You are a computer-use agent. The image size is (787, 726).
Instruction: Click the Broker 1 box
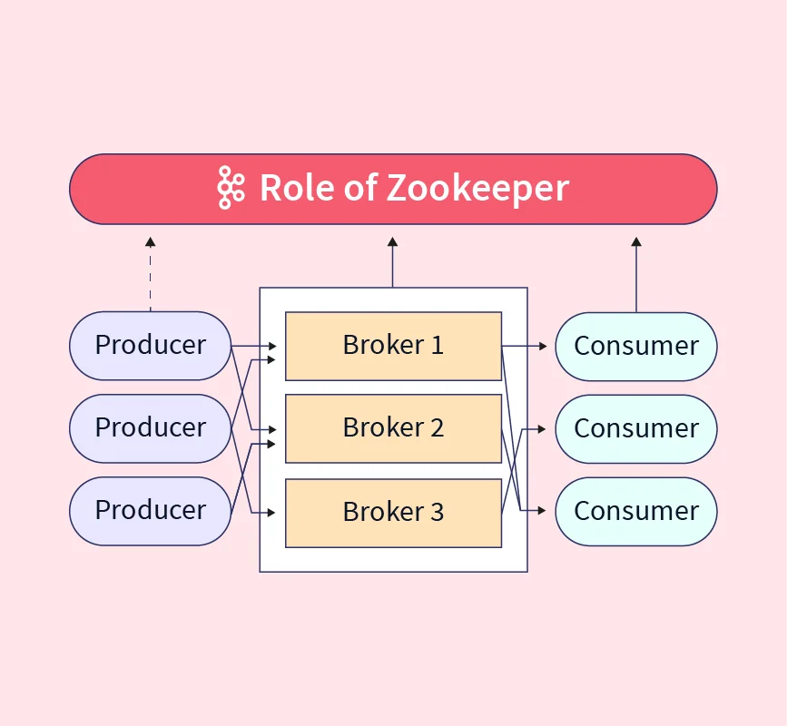point(393,346)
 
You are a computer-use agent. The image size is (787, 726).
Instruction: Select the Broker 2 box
point(393,428)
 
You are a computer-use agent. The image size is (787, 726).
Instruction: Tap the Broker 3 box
point(393,513)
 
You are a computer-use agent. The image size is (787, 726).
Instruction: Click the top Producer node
point(151,346)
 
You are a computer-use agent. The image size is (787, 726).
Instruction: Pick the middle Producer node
point(151,427)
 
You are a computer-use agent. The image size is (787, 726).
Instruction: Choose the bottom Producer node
point(151,510)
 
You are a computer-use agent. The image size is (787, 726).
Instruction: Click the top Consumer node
point(636,347)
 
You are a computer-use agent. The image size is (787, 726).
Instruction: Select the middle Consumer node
point(636,428)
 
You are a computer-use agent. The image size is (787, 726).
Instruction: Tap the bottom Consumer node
point(636,511)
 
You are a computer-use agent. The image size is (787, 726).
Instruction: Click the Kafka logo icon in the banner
point(231,188)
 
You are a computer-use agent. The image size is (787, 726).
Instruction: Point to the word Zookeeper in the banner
point(477,189)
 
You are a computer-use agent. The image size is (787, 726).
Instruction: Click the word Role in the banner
point(291,188)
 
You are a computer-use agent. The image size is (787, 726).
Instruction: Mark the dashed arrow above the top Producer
point(151,272)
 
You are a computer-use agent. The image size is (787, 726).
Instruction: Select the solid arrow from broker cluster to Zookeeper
point(393,263)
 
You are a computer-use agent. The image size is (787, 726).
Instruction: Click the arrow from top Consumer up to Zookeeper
point(636,272)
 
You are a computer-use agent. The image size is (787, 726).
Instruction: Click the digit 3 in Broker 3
point(437,513)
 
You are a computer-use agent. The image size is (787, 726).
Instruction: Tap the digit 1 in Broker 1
point(437,346)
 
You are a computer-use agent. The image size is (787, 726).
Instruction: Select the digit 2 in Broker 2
point(437,428)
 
